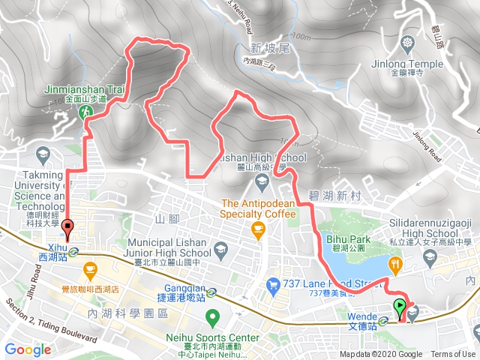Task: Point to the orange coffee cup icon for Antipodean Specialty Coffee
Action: pos(259,229)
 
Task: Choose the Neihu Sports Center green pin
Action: pos(212,316)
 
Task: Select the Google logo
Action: pos(28,349)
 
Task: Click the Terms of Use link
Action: pos(453,354)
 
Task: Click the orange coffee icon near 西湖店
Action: pos(89,268)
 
